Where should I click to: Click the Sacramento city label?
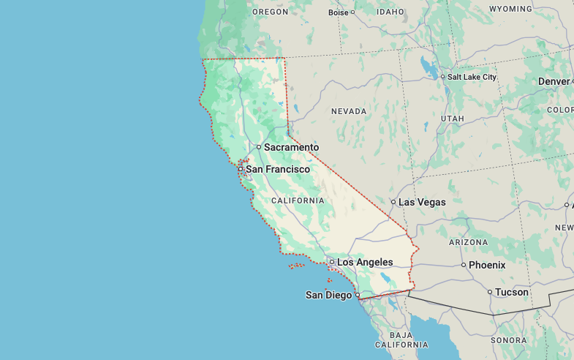point(291,147)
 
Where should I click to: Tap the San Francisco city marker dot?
point(240,169)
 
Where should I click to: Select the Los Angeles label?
point(364,262)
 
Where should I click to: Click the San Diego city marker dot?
point(358,296)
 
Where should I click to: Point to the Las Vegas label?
point(422,202)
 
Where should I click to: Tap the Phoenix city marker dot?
point(464,265)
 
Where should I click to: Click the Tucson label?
point(511,292)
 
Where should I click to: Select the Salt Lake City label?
point(472,77)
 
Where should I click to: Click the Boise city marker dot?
point(352,12)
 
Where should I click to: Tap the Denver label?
point(554,81)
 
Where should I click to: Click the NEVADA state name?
point(349,111)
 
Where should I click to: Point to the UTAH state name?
point(453,119)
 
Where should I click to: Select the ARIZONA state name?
point(468,242)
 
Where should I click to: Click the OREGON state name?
point(270,12)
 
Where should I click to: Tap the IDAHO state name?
point(390,12)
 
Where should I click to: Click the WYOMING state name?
point(510,9)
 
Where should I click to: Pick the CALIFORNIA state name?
point(298,200)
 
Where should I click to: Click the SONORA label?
point(508,340)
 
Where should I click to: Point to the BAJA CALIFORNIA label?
point(401,340)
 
